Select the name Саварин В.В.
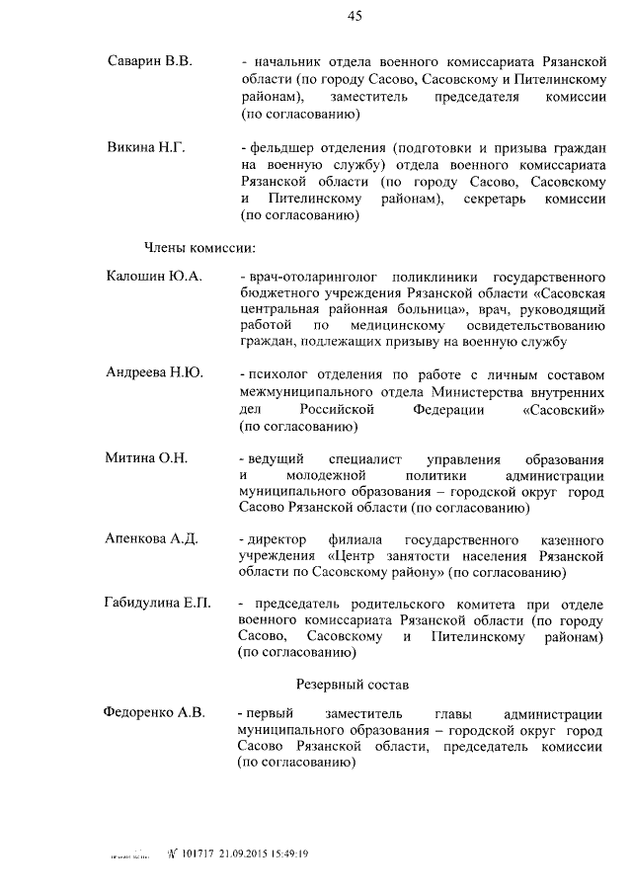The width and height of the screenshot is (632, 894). (x=149, y=61)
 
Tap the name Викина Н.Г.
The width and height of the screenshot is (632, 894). (x=146, y=147)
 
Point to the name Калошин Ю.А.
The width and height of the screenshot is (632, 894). (x=153, y=276)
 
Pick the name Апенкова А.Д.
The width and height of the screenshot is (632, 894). (x=152, y=538)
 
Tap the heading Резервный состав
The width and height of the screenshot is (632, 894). (x=354, y=683)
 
